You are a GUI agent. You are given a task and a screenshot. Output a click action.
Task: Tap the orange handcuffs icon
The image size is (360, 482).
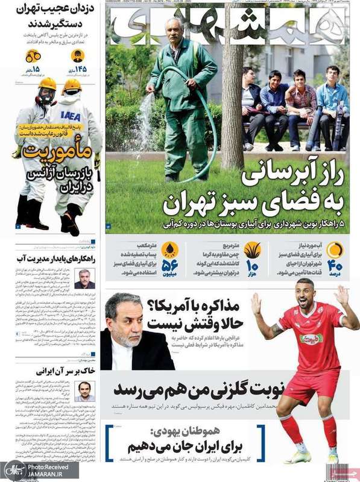tap(33, 57)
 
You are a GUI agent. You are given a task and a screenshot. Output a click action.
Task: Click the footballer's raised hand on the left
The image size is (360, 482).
tap(256, 303)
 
